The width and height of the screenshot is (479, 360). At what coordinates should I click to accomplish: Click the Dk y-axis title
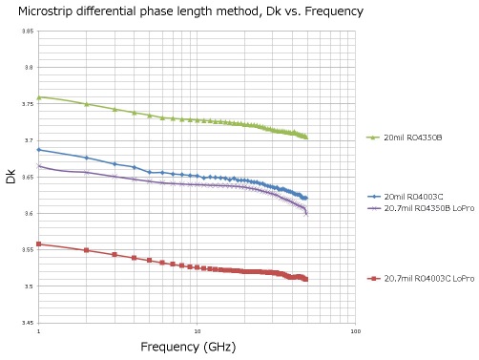coord(11,177)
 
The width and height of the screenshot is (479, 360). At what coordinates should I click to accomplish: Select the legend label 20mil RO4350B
coord(412,138)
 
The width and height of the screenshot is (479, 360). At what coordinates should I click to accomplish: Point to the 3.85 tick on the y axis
coord(28,32)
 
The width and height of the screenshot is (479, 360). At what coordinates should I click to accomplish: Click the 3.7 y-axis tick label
coord(29,140)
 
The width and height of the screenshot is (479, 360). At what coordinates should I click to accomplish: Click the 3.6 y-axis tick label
coord(29,214)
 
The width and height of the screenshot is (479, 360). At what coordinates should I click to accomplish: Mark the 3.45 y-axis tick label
coord(28,323)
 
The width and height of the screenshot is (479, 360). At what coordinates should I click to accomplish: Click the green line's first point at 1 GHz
coord(38,96)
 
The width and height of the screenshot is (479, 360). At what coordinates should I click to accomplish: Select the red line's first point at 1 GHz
coord(38,244)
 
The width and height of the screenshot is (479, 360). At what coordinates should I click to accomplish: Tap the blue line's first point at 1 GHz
coord(38,150)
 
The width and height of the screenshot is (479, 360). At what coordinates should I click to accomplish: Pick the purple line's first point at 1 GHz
coord(38,165)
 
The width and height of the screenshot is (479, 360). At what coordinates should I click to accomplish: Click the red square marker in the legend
coord(374,278)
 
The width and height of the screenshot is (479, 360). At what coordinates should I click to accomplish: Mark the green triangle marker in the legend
coord(374,138)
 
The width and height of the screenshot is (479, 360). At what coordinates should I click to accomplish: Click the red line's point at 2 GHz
coord(86,250)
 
